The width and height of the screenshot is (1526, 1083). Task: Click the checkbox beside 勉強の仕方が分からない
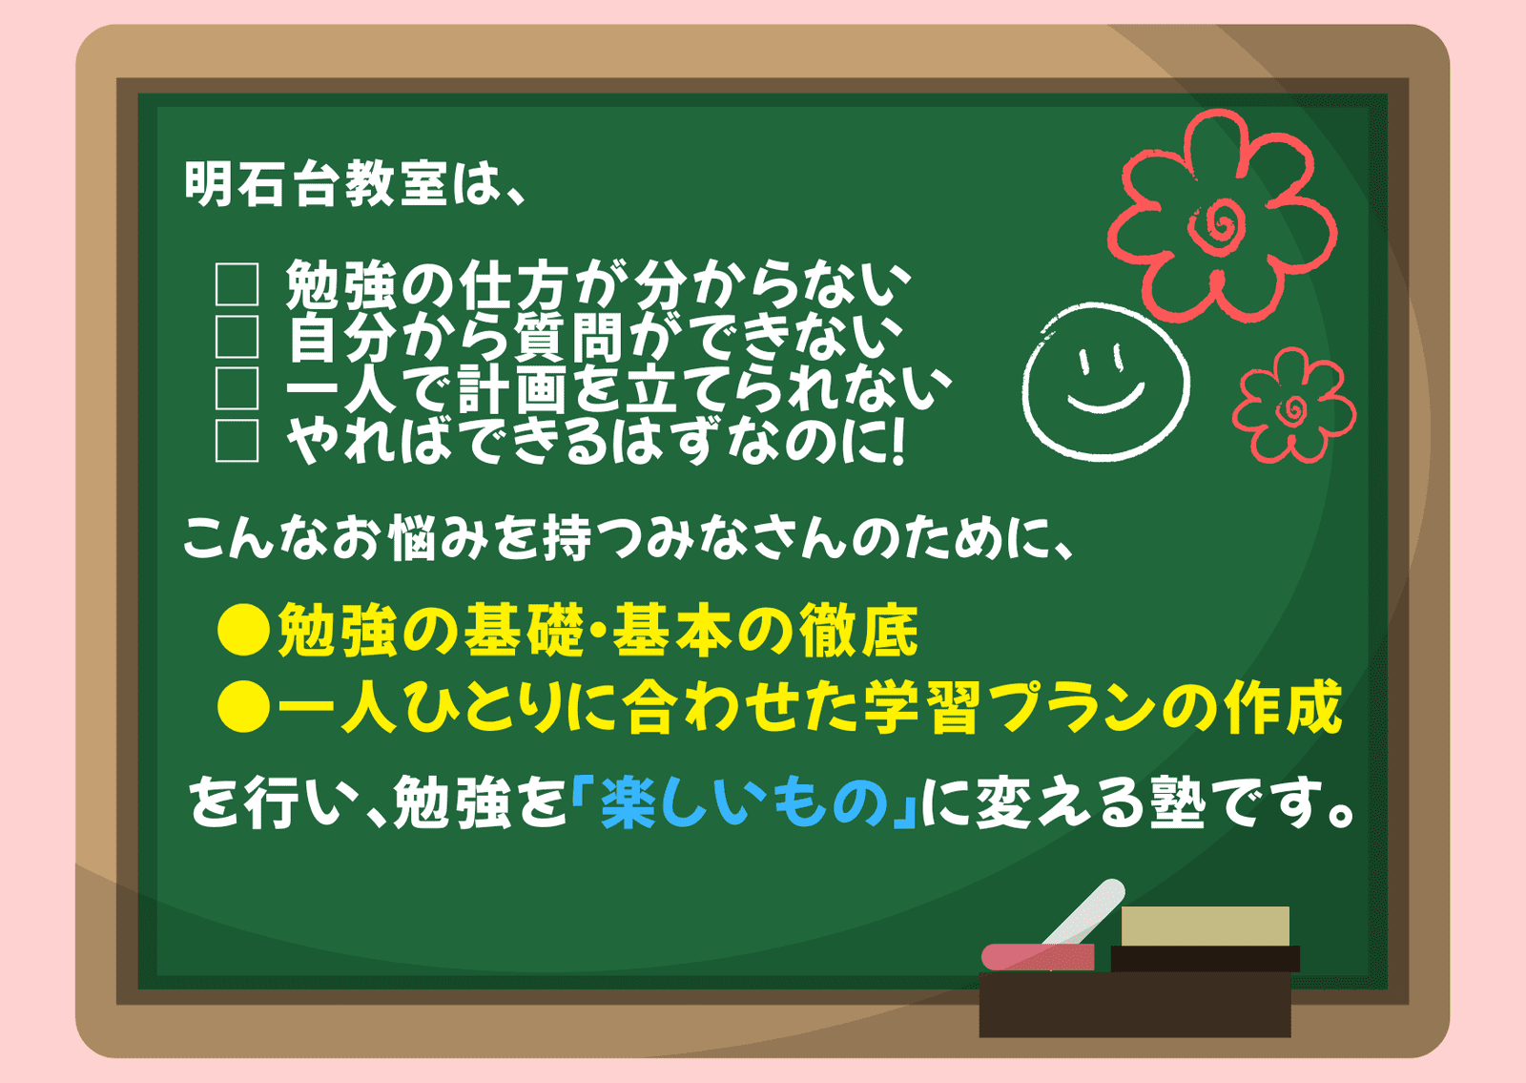(237, 284)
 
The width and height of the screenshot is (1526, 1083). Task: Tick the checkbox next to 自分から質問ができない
(237, 337)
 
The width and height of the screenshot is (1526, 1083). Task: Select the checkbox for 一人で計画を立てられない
(237, 388)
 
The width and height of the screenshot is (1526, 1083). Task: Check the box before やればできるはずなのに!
(237, 441)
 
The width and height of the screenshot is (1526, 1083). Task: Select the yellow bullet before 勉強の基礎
(243, 630)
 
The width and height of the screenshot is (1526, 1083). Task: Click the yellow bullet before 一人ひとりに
(243, 707)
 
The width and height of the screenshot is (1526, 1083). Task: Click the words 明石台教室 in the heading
(316, 184)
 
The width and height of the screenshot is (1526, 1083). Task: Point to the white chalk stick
(1083, 913)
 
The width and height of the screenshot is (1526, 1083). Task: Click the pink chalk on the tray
(1038, 957)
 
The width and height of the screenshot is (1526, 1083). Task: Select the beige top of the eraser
(1206, 927)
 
